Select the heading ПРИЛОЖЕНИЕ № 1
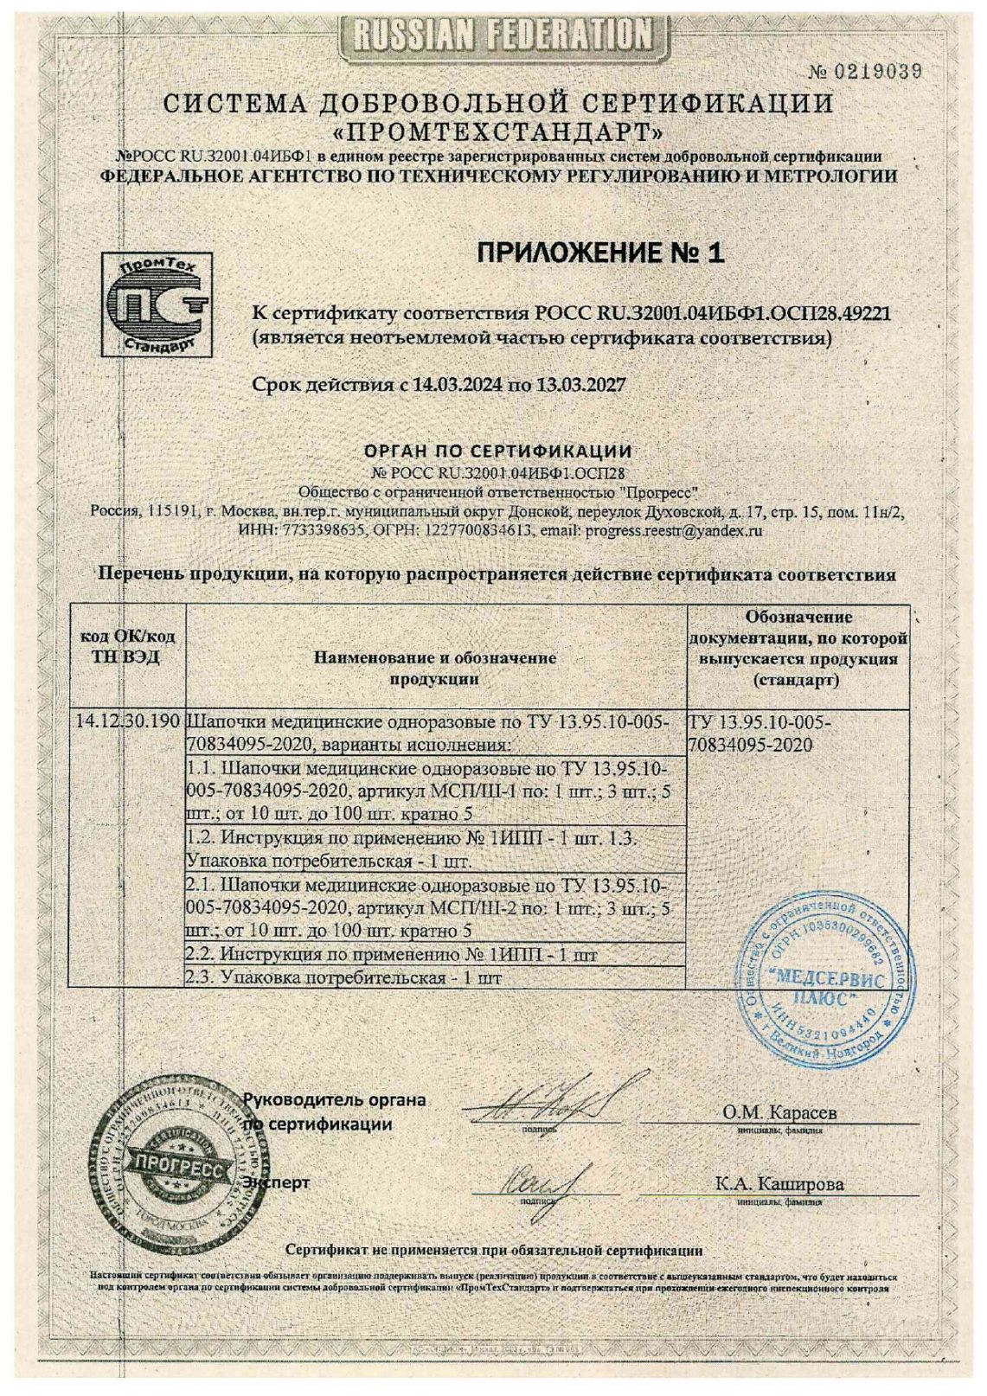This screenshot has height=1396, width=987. click(x=599, y=253)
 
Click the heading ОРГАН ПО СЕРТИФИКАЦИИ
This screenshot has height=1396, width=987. click(x=497, y=451)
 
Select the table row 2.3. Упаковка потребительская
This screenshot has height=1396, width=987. click(x=345, y=977)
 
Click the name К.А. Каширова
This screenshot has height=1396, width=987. click(x=779, y=1184)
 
